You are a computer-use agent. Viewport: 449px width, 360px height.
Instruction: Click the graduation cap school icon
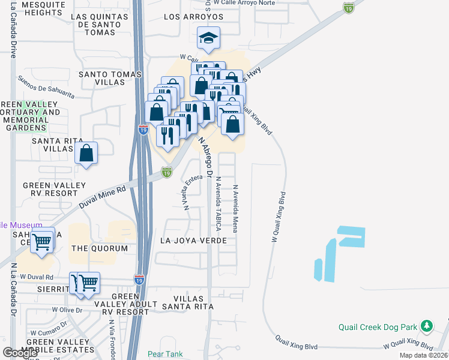tap(208, 38)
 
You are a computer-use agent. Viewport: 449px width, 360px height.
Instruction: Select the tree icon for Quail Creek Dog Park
tap(427, 326)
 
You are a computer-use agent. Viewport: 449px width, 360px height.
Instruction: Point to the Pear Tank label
tap(165, 354)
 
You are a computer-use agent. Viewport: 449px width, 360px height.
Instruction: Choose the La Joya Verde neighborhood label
tap(193, 241)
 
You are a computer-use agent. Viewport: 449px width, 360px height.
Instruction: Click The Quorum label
tap(100, 248)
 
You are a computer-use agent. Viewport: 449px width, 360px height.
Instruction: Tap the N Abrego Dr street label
tap(205, 157)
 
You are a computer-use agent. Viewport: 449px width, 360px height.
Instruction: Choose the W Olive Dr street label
tap(66, 310)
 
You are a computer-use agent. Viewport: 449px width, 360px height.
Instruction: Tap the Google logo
tap(20, 353)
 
